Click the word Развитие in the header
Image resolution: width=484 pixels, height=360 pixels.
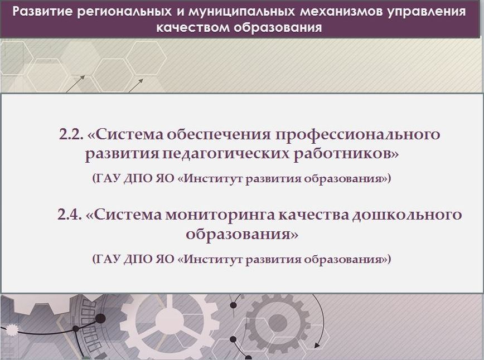tap(42, 12)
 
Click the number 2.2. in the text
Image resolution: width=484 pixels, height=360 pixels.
tap(71, 134)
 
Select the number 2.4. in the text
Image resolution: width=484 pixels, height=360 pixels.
tap(70, 215)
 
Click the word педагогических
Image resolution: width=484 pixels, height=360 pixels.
tap(226, 154)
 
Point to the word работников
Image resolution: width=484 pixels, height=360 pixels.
tap(342, 153)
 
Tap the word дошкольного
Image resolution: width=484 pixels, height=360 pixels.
tap(408, 215)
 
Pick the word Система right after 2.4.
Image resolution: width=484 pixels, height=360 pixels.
tap(124, 215)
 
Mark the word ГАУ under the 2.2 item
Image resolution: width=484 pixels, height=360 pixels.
tap(106, 179)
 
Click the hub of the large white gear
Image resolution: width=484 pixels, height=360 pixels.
tap(168, 320)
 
